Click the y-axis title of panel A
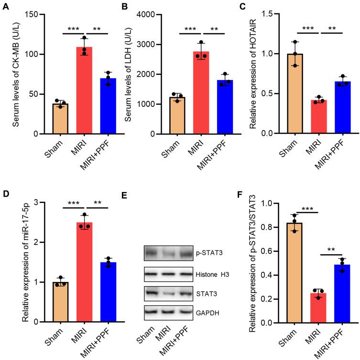(16, 74)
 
